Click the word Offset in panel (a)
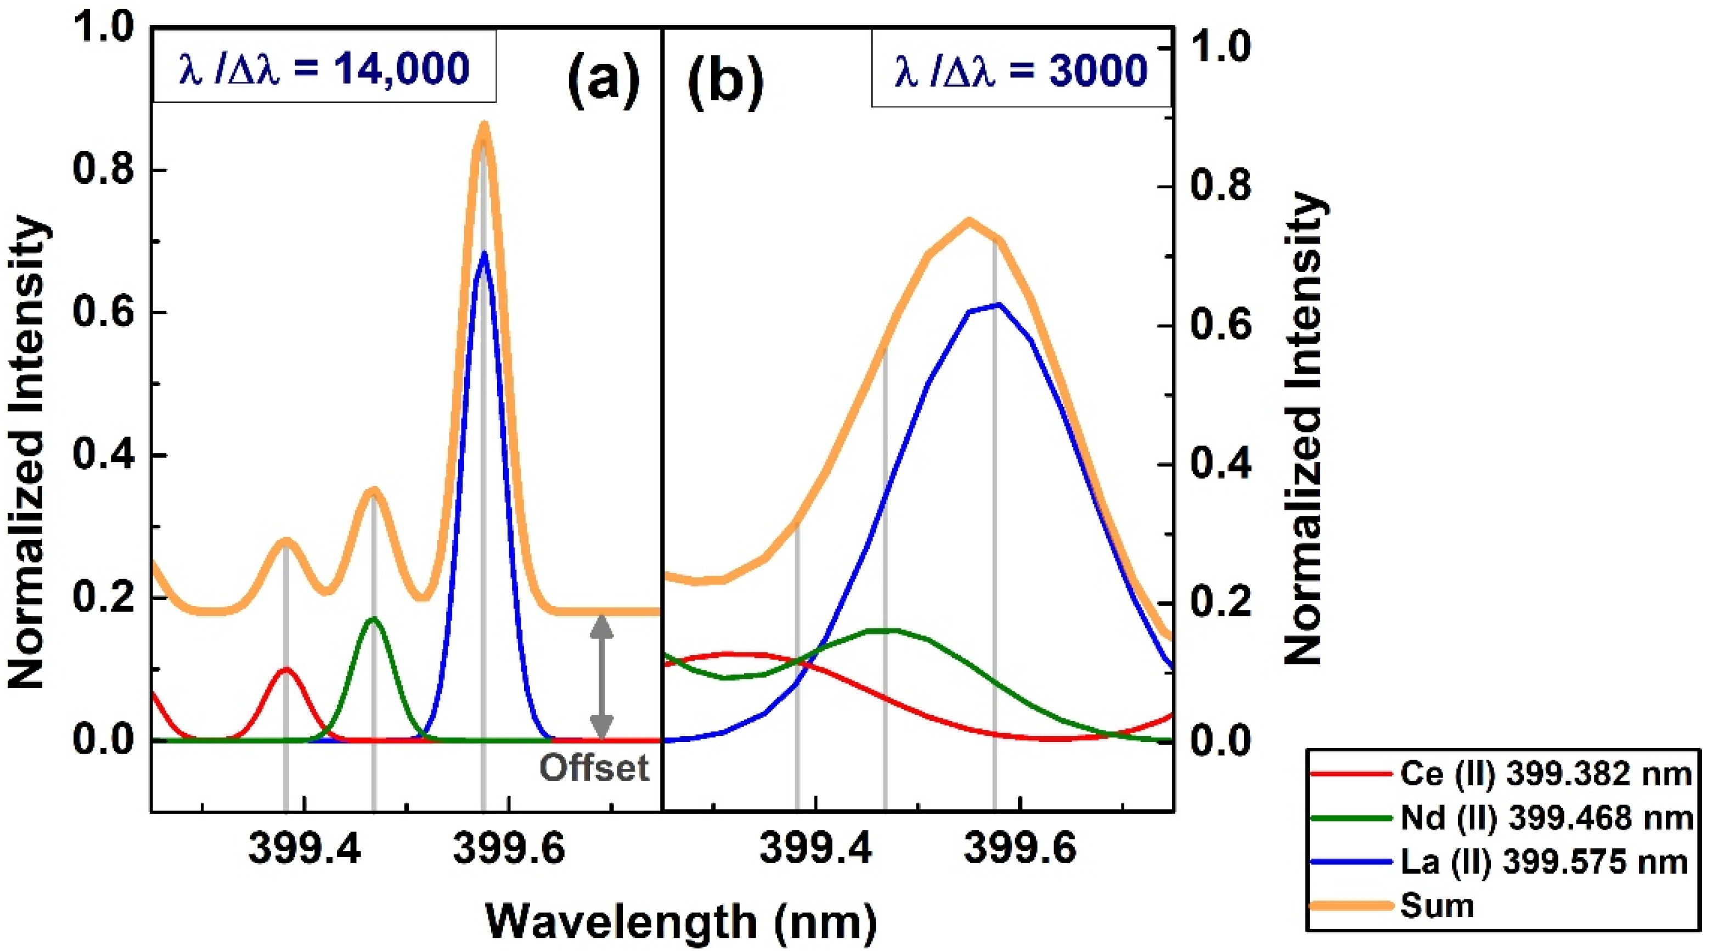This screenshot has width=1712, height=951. point(594,768)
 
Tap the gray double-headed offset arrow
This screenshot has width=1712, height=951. point(601,677)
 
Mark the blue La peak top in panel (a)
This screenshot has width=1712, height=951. point(484,254)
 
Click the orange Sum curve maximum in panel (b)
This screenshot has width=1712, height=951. point(969,221)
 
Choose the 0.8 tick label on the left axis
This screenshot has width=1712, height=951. point(103,170)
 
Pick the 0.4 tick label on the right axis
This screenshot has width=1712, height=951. point(1220,464)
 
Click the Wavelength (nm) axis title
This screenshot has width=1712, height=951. point(681,922)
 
